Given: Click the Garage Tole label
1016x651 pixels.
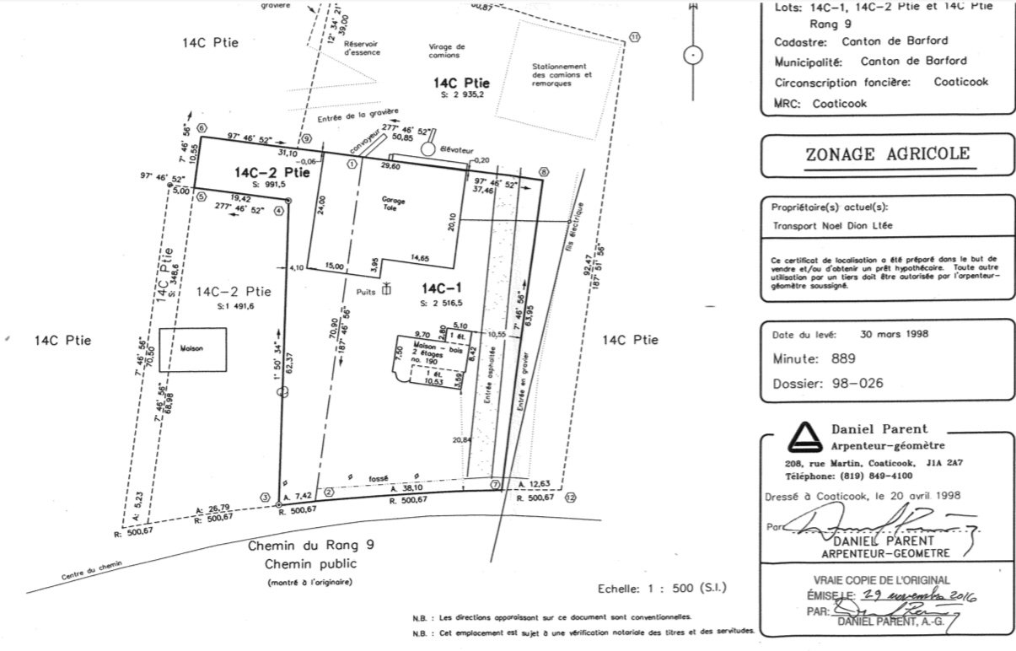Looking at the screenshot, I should tap(389, 203).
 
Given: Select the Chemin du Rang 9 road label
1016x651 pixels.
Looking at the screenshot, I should tap(310, 546).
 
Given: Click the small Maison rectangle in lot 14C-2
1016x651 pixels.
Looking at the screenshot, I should tap(193, 348).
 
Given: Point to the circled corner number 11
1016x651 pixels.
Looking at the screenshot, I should tap(634, 36).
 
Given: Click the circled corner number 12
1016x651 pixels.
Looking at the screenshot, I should tap(571, 498).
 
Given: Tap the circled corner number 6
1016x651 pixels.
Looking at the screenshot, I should tap(201, 128).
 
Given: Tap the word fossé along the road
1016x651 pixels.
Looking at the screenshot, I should tap(379, 477).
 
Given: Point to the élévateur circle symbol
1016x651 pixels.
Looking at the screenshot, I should tap(427, 148).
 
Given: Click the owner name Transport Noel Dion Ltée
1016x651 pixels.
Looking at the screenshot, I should tap(833, 226).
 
